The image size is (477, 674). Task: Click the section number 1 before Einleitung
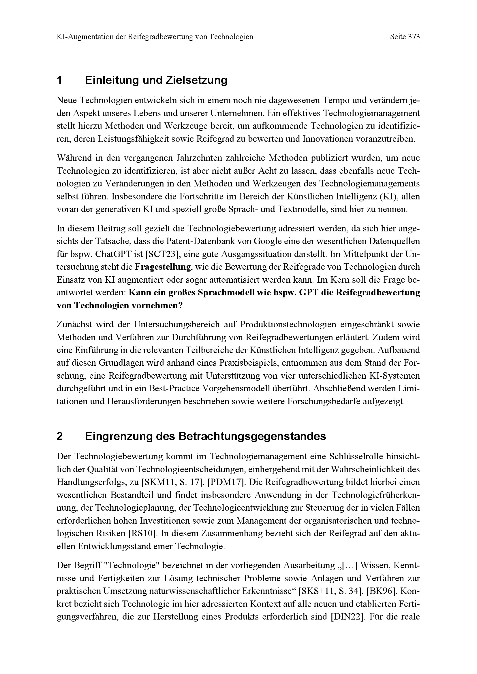[59, 80]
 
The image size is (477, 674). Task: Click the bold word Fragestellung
[163, 267]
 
